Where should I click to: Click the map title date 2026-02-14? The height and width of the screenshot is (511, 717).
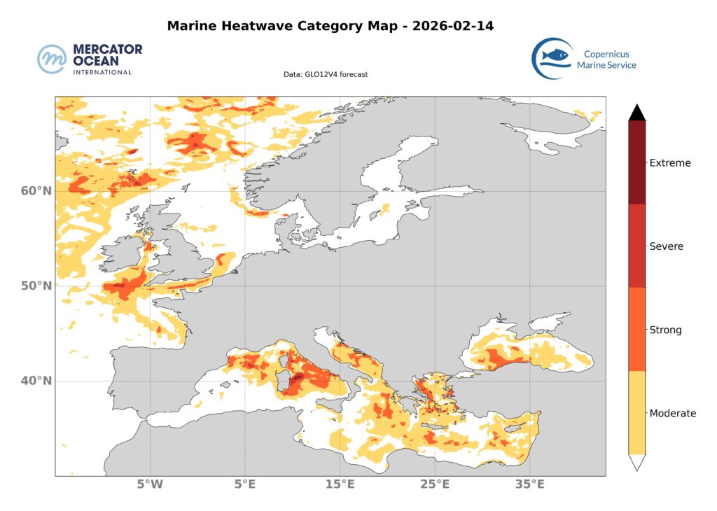[x=454, y=27]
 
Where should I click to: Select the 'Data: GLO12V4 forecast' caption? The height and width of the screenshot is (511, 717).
[x=326, y=74]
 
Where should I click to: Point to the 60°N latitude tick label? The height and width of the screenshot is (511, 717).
[x=35, y=191]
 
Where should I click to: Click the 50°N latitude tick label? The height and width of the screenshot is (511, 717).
[x=35, y=286]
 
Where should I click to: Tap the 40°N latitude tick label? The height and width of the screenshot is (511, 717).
[x=35, y=381]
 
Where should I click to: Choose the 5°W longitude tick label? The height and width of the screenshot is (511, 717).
[x=149, y=484]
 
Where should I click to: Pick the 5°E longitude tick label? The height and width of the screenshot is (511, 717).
[x=244, y=484]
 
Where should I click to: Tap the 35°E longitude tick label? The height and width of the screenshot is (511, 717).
[x=530, y=484]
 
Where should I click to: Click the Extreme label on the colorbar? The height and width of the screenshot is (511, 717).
[x=670, y=163]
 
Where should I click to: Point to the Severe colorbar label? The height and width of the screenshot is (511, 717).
[x=667, y=246]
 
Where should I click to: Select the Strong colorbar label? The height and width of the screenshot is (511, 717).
[x=665, y=330]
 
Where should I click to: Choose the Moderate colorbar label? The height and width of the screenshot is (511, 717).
[x=673, y=413]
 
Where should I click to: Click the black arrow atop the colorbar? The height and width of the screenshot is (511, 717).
[x=636, y=112]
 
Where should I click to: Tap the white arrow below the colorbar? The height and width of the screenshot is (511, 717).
[x=636, y=461]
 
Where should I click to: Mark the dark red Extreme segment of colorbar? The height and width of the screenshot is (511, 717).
[x=636, y=162]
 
